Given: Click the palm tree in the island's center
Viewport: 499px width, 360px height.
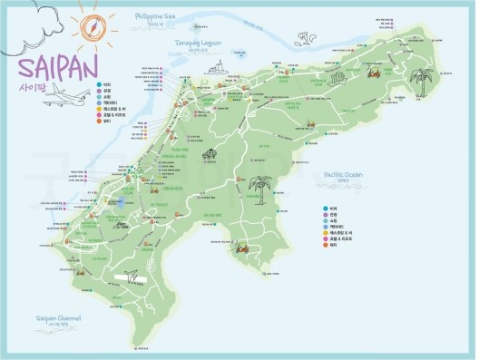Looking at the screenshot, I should pos(261,188).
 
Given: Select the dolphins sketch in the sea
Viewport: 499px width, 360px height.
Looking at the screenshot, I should pos(305,39).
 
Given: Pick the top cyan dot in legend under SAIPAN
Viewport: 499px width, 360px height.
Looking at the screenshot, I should pos(99,84).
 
